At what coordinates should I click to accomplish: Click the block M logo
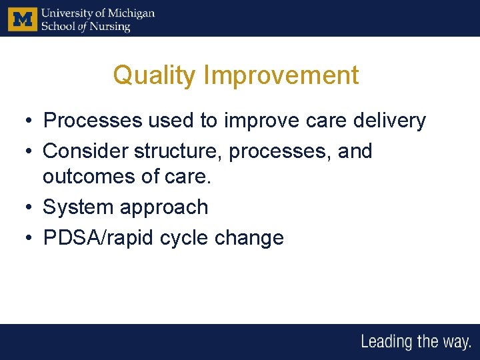tap(23, 19)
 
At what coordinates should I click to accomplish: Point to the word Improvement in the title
tap(281, 75)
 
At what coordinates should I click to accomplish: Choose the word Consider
tap(85, 151)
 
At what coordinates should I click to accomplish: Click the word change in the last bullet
tap(255, 238)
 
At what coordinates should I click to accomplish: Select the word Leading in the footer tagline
tap(387, 343)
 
